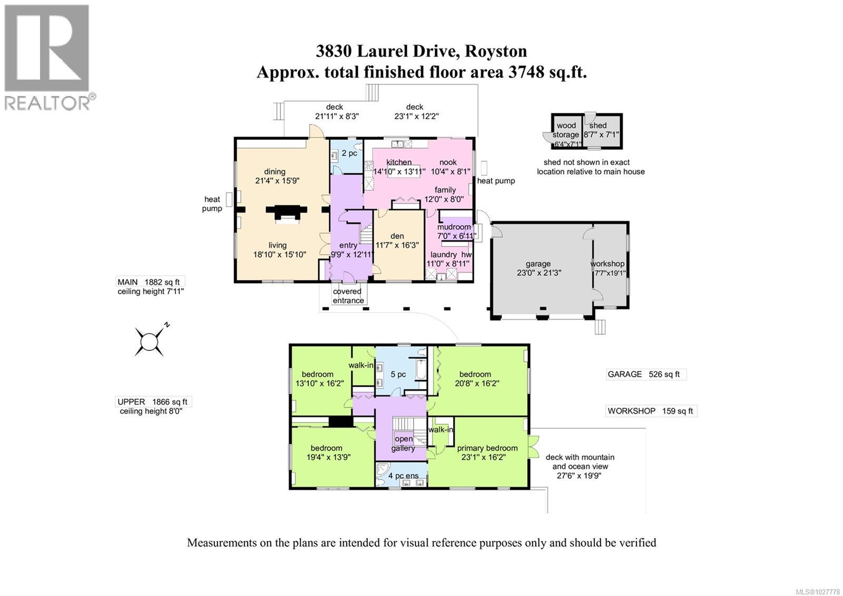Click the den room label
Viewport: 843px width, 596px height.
coord(397,236)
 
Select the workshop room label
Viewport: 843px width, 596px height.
coord(607,263)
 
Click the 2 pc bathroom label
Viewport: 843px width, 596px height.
coord(349,153)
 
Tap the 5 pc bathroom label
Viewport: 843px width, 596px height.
coord(398,374)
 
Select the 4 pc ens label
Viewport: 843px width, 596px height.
coord(403,475)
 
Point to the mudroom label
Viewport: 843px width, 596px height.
coord(454,227)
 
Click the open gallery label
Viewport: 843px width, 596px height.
coord(403,443)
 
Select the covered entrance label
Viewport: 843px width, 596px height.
coord(348,295)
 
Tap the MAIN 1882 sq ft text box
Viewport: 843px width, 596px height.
coord(151,282)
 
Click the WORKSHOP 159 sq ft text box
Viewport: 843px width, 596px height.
coord(651,411)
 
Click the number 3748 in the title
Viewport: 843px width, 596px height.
coord(525,72)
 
